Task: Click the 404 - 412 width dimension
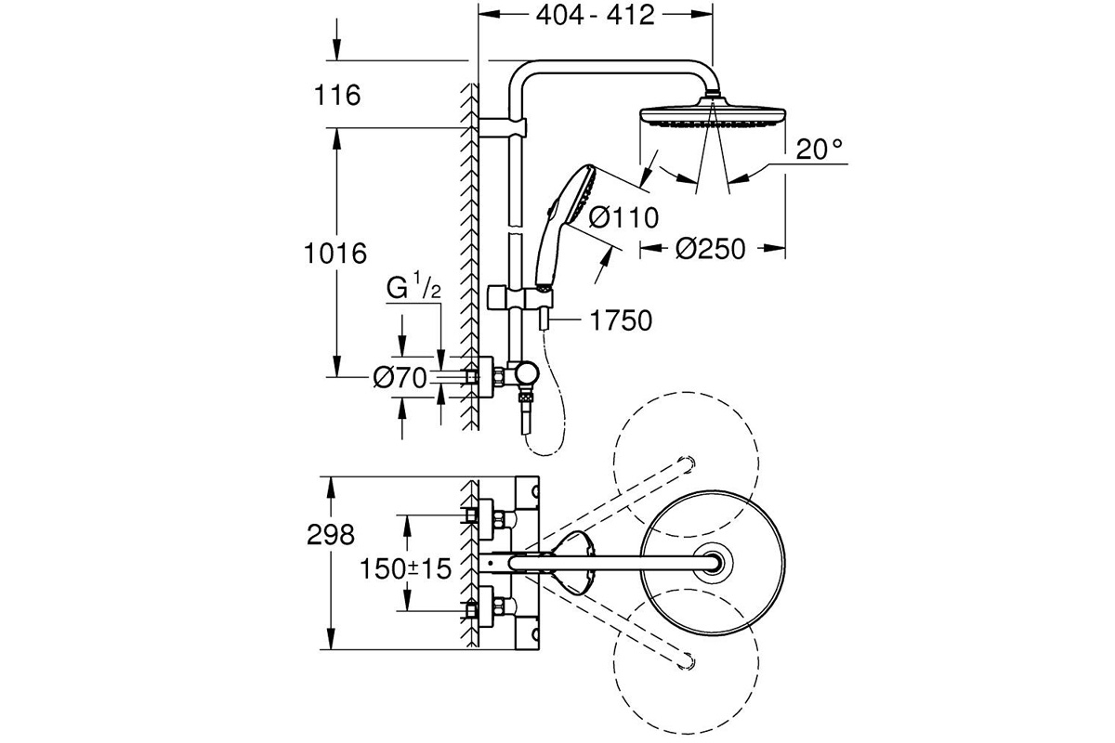tap(595, 16)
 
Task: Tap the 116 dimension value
tap(337, 95)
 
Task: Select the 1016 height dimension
tap(335, 253)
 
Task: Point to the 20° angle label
tap(820, 149)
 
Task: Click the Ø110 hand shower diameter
tap(623, 217)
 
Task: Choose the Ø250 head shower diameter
tap(710, 248)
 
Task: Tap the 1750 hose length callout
tap(621, 320)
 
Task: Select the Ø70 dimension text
tap(400, 378)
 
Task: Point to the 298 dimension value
tap(331, 535)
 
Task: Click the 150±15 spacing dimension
tap(405, 568)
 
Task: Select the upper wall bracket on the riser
tap(503, 128)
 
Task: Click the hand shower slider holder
tap(520, 297)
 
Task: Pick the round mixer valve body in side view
tap(526, 374)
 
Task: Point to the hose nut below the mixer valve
tap(526, 398)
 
